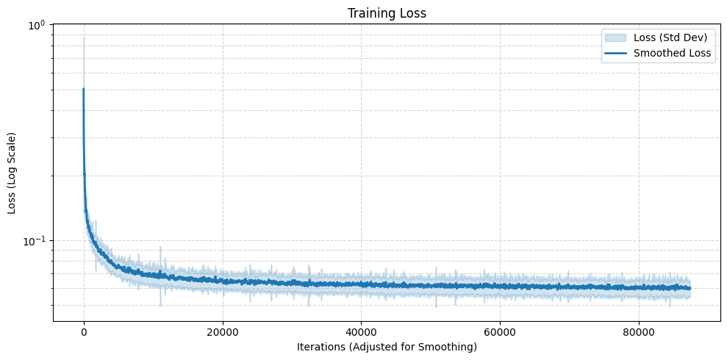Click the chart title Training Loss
pyautogui.click(x=387, y=13)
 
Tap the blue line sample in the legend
pyautogui.click(x=615, y=53)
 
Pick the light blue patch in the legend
pyautogui.click(x=615, y=38)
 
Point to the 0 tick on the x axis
pyautogui.click(x=84, y=331)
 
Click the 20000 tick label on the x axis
pyautogui.click(x=222, y=331)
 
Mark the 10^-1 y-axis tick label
pyautogui.click(x=35, y=241)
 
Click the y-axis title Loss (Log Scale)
pyautogui.click(x=12, y=173)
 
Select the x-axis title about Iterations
pyautogui.click(x=387, y=346)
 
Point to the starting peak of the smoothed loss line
pyautogui.click(x=83, y=89)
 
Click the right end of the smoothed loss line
pyautogui.click(x=690, y=288)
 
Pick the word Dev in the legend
pyautogui.click(x=693, y=38)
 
